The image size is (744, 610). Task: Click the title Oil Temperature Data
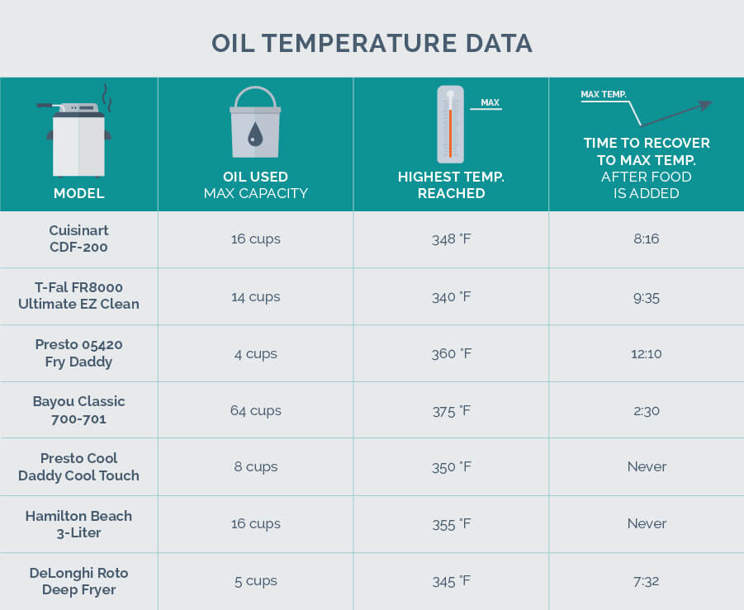click(x=372, y=43)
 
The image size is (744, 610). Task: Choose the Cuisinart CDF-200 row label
click(x=78, y=239)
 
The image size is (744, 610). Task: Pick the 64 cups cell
click(x=255, y=410)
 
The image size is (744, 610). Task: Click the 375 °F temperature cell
click(x=451, y=410)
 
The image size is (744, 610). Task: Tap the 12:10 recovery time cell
click(x=647, y=353)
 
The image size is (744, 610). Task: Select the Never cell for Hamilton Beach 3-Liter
click(x=647, y=523)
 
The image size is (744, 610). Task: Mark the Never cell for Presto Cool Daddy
click(x=647, y=466)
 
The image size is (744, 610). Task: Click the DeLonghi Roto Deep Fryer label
click(x=78, y=581)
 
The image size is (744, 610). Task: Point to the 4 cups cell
click(x=255, y=353)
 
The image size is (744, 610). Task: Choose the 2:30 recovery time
click(x=647, y=410)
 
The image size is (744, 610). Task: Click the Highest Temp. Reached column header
click(x=451, y=185)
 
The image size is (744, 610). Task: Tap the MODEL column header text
click(x=78, y=193)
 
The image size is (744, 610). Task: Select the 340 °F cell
click(x=451, y=296)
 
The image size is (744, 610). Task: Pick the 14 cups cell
click(x=255, y=296)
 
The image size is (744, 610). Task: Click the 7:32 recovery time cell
click(x=647, y=581)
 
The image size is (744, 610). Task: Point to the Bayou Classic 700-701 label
click(x=78, y=409)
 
